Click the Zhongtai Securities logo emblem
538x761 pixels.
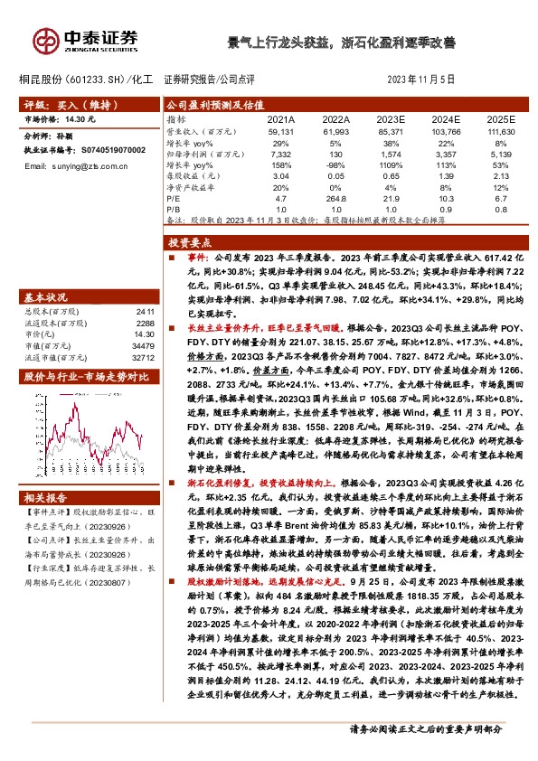pos(45,39)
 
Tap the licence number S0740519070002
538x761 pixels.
pos(107,149)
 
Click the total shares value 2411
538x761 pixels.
pos(143,311)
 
